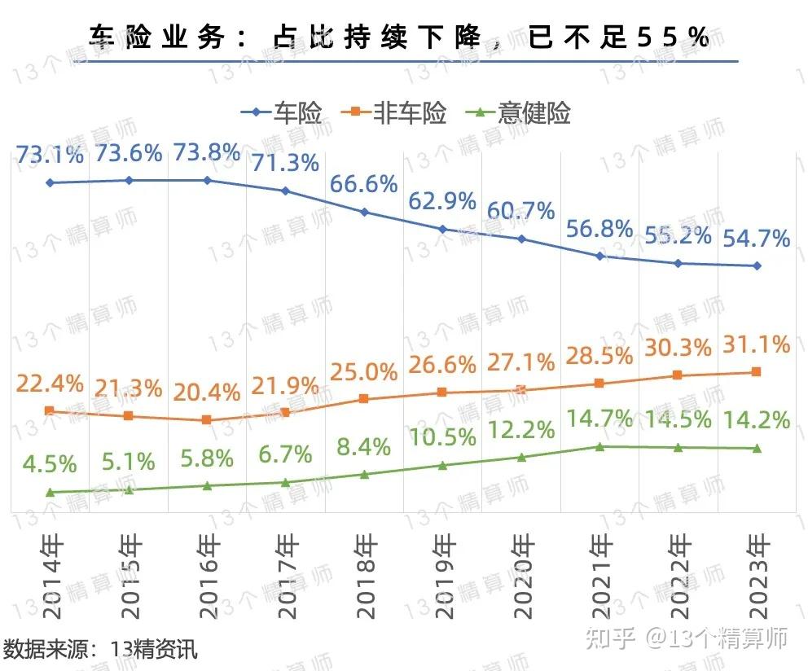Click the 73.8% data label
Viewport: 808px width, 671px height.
pyautogui.click(x=207, y=152)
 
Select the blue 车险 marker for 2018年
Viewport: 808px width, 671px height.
pyautogui.click(x=364, y=213)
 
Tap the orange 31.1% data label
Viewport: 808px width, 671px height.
pyautogui.click(x=757, y=344)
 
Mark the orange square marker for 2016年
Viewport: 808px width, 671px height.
pyautogui.click(x=207, y=420)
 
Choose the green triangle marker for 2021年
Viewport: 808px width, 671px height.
pyautogui.click(x=600, y=446)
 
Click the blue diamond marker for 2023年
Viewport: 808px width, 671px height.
pyautogui.click(x=757, y=265)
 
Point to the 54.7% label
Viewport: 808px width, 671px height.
pyautogui.click(x=757, y=238)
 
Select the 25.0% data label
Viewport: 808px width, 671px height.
pyautogui.click(x=364, y=372)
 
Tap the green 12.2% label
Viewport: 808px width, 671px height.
pyautogui.click(x=522, y=428)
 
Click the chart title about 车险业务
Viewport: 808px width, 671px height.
pyautogui.click(x=399, y=37)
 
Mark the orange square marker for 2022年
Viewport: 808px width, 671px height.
pyautogui.click(x=678, y=375)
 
